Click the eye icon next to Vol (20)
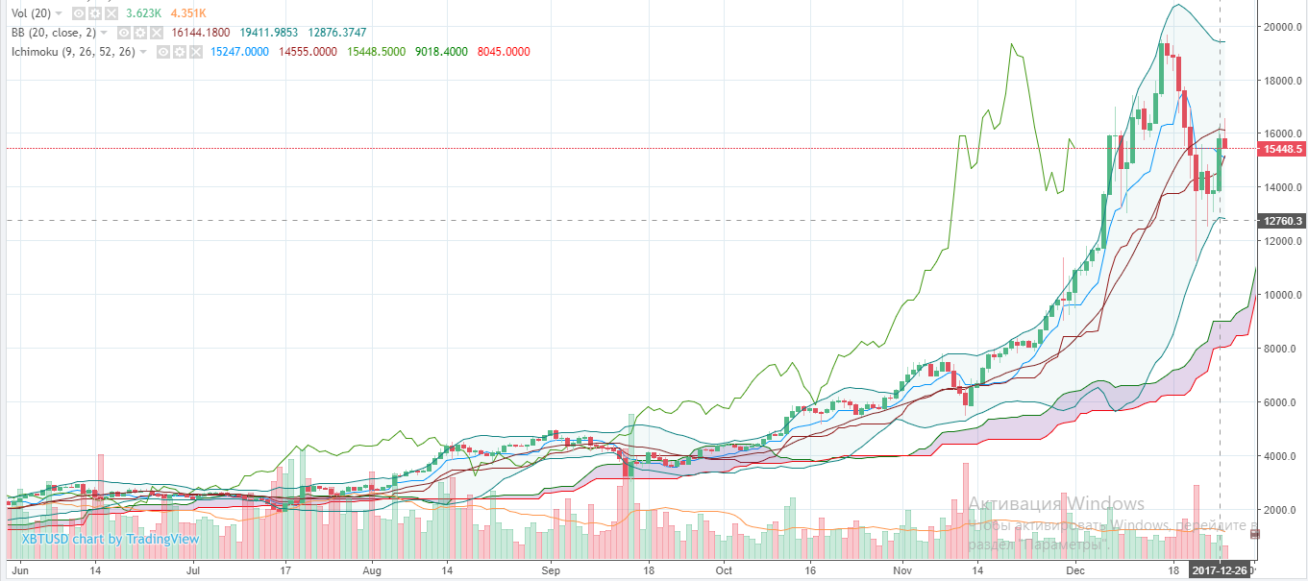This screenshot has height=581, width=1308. click(79, 14)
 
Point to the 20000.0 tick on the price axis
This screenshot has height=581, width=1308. click(1281, 27)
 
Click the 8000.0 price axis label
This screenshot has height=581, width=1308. click(1283, 349)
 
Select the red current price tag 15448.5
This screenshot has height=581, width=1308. click(1283, 149)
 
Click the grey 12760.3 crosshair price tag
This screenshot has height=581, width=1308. click(1283, 221)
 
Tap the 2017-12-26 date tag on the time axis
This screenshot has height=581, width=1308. click(1219, 570)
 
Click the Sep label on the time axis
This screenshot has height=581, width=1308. click(550, 569)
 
